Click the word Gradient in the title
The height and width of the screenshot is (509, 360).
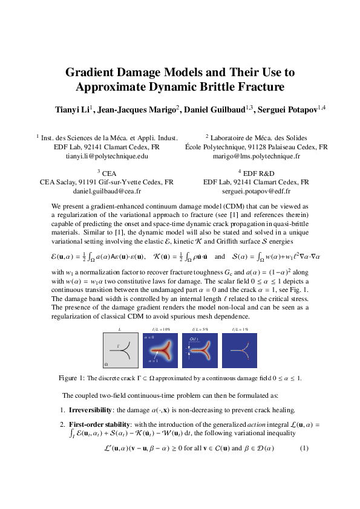[90, 73]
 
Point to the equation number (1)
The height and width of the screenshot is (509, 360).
[304, 448]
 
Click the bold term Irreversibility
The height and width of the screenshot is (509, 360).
[91, 409]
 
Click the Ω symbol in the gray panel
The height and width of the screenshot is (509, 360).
[106, 365]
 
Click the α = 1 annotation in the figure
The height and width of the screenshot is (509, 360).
[153, 361]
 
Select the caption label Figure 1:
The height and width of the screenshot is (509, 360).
[72, 378]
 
